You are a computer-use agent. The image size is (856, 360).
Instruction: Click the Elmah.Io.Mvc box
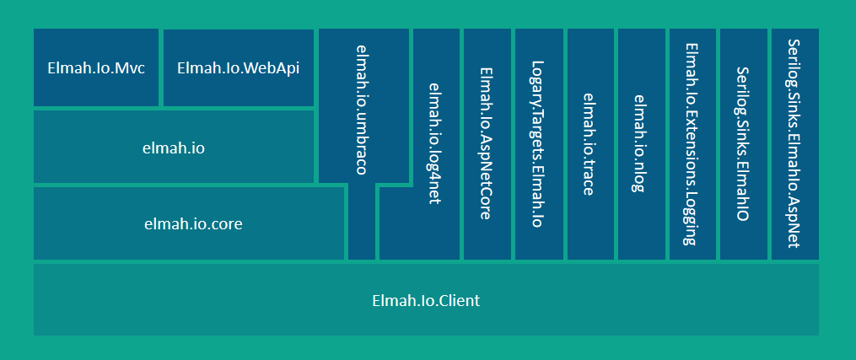(x=96, y=68)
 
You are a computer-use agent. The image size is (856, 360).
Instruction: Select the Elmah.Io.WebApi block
(x=238, y=68)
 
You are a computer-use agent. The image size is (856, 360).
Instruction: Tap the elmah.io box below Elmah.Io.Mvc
(x=175, y=148)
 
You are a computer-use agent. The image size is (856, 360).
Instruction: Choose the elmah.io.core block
(x=189, y=223)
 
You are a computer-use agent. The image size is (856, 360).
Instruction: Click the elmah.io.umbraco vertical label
(x=361, y=110)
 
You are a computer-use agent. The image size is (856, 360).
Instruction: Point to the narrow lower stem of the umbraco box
(x=362, y=223)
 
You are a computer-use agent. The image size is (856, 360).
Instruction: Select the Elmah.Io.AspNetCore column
(x=486, y=143)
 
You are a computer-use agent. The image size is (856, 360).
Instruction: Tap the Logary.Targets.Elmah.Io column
(x=538, y=143)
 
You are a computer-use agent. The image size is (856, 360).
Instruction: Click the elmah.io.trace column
(x=590, y=143)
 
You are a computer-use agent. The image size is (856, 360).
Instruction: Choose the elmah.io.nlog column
(x=641, y=143)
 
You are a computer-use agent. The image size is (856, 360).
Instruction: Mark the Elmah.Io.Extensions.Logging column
(x=692, y=143)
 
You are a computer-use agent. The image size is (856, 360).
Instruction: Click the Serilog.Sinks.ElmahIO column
(x=743, y=143)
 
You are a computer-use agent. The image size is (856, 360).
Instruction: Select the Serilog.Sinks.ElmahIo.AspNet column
(x=794, y=143)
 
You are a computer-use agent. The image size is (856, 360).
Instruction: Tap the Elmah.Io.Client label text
(x=426, y=300)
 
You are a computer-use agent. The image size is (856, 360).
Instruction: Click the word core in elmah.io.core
(x=227, y=224)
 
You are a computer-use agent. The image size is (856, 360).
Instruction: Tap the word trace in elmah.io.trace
(x=590, y=179)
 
